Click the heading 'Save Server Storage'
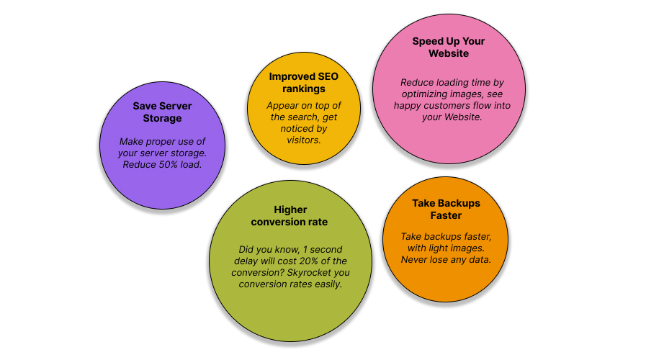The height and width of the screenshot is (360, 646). [162, 112]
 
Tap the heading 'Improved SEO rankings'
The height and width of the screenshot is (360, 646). [304, 82]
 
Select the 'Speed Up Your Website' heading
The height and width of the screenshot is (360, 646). [449, 48]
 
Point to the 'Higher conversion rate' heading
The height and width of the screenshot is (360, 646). [290, 216]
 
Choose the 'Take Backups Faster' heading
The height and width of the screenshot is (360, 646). [447, 210]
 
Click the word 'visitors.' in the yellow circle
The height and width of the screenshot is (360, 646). [304, 140]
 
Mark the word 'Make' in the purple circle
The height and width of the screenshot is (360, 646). [131, 142]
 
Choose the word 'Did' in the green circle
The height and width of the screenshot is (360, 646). [246, 250]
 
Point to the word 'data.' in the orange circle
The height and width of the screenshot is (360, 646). [481, 260]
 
